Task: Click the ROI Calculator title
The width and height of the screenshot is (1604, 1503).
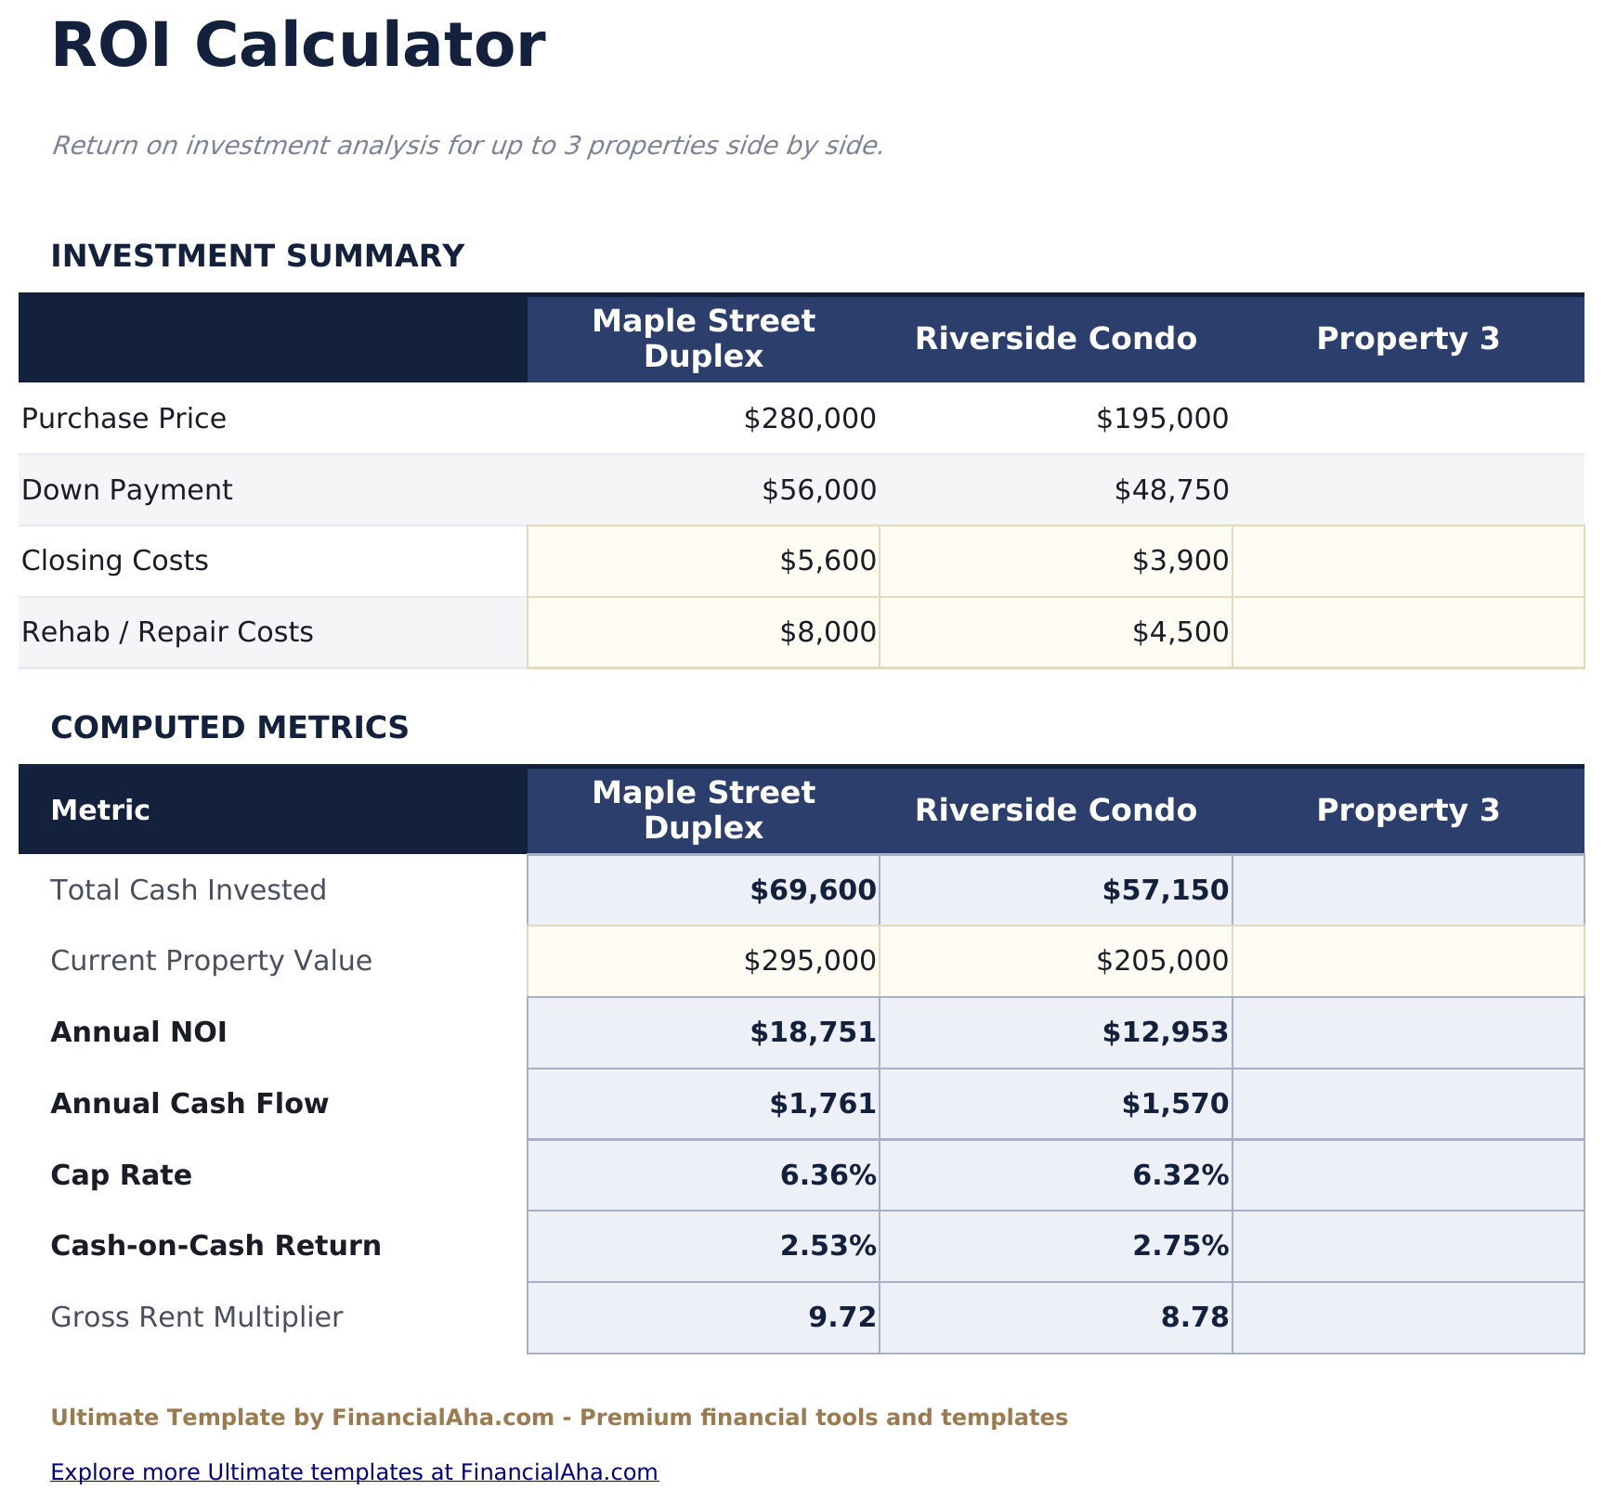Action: coord(298,46)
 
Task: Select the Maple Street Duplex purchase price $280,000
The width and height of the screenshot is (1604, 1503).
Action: coord(810,419)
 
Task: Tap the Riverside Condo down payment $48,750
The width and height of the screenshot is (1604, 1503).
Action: coord(1171,490)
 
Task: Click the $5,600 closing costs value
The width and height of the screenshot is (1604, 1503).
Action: coord(828,561)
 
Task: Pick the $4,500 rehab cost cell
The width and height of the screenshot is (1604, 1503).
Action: coord(1180,632)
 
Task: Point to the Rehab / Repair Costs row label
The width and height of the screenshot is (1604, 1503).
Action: coord(167,632)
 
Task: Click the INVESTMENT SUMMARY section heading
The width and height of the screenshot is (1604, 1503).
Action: coord(257,256)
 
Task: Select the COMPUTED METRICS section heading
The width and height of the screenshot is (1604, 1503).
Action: coord(229,728)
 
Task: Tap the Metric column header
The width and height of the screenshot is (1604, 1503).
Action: coord(100,810)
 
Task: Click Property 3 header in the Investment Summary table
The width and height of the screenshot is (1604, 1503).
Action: coord(1408,339)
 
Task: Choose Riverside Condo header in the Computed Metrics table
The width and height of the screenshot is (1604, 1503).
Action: coord(1056,810)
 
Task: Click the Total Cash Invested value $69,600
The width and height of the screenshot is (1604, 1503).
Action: coord(813,890)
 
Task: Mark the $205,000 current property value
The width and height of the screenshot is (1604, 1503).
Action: coord(1162,961)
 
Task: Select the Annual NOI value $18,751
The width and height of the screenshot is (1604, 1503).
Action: coord(813,1032)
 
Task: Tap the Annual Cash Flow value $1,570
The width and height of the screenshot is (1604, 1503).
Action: coord(1175,1104)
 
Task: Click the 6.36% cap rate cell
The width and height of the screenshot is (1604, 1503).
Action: coord(828,1175)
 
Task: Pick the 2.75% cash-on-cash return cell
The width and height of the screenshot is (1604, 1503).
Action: coord(1180,1246)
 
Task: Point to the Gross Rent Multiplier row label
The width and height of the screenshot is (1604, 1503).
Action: coord(197,1317)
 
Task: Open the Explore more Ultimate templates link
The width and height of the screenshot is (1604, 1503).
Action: coord(354,1472)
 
